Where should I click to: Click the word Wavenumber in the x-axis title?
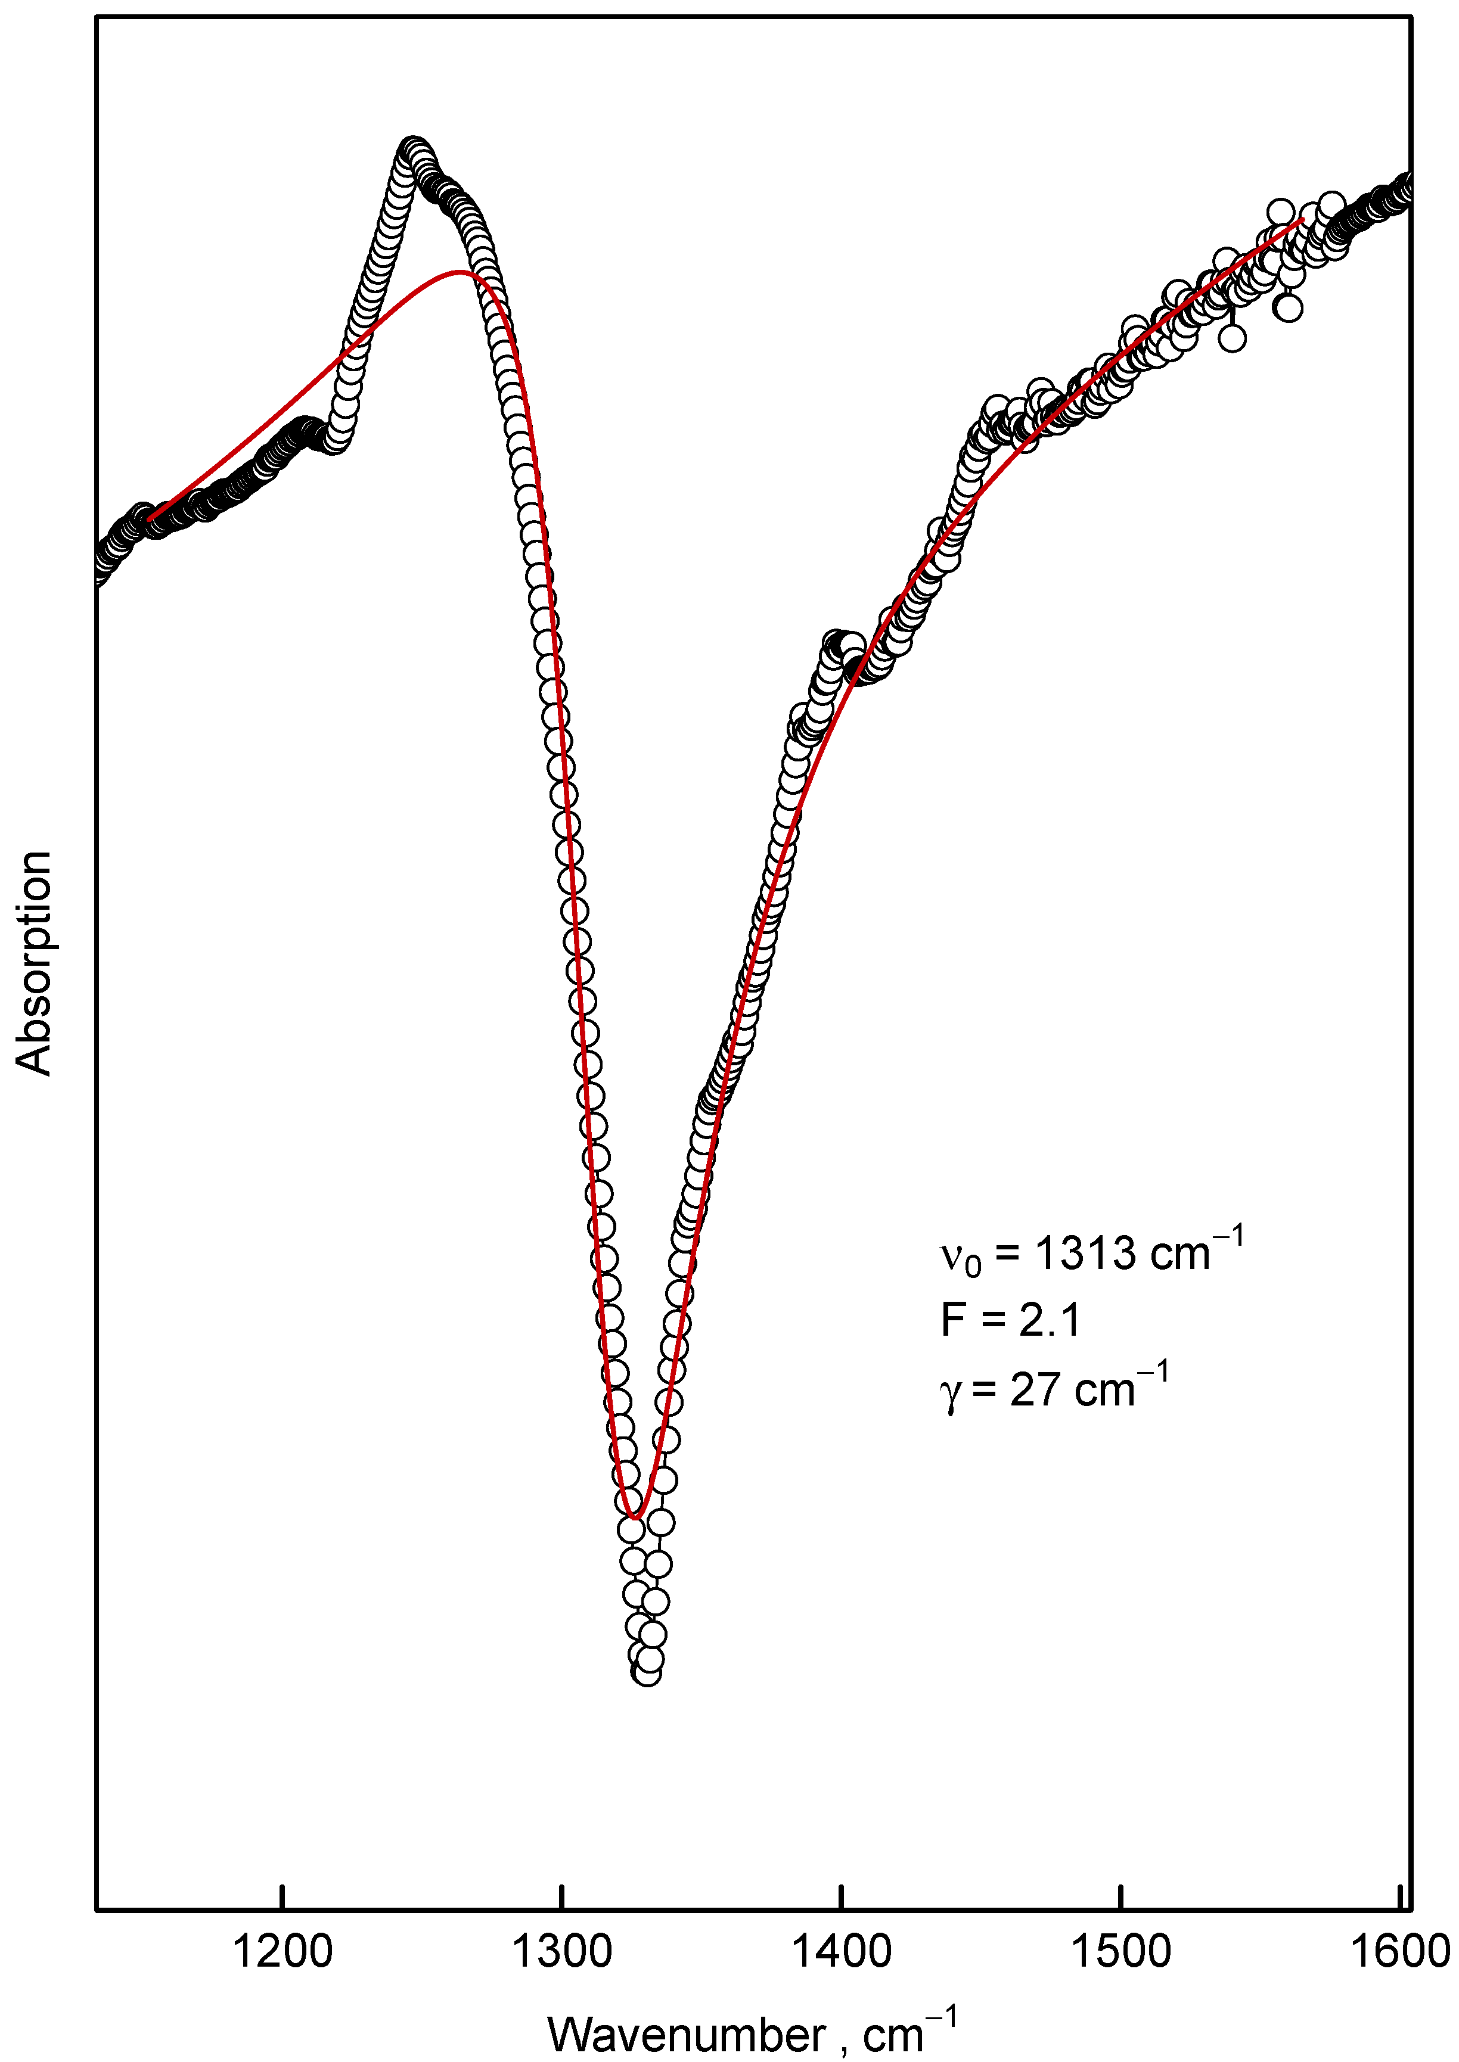click(x=687, y=2033)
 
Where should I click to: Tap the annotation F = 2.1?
click(x=1011, y=1319)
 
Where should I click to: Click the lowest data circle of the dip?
click(x=647, y=1672)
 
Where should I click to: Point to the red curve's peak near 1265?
click(x=461, y=271)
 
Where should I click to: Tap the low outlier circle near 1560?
click(x=1289, y=308)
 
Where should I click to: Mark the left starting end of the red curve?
click(x=149, y=519)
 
